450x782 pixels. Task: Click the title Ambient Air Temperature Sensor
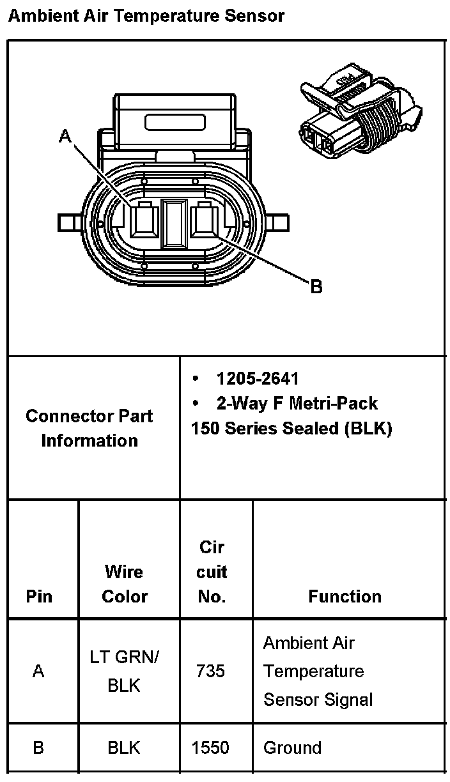coord(146,15)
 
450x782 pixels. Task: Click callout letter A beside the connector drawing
coord(65,135)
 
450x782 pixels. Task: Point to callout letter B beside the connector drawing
coord(316,287)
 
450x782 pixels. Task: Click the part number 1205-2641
coord(257,379)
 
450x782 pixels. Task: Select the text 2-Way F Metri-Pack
coord(297,404)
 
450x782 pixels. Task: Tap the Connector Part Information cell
coord(89,428)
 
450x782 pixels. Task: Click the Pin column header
coord(39,596)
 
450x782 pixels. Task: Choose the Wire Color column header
coord(125,584)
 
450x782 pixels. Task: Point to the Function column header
coord(345,596)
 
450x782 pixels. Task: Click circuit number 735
coord(211,671)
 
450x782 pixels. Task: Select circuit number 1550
coord(211,747)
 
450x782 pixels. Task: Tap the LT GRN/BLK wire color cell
coord(125,671)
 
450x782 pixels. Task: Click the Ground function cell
coord(292,747)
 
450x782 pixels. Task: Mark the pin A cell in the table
coord(39,671)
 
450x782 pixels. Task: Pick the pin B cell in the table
coord(39,747)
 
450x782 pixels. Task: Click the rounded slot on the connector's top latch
coord(174,121)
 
